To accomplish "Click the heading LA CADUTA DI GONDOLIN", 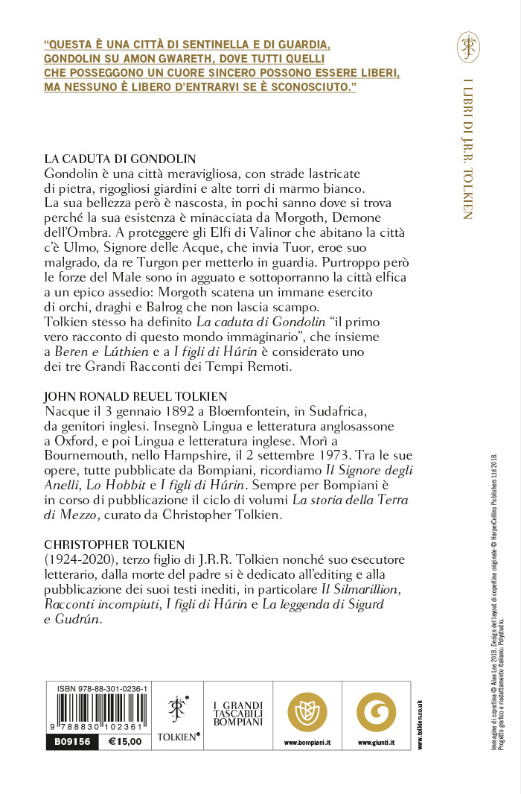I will [120, 159].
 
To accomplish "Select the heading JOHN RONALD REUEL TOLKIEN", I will [135, 396].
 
